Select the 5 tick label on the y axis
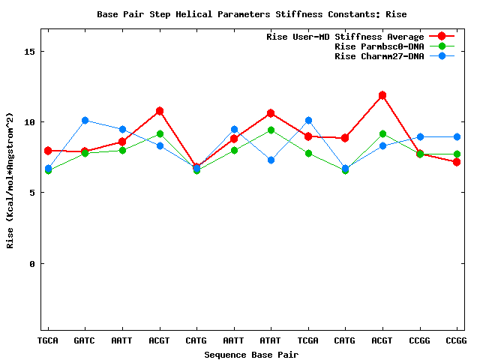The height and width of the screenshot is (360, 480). click(31, 193)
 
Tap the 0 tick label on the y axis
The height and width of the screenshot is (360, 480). click(31, 263)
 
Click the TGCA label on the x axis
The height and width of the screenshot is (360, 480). click(48, 340)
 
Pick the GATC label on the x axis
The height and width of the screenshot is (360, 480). click(85, 340)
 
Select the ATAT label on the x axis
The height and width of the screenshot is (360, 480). click(271, 340)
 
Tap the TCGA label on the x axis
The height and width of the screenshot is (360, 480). click(308, 340)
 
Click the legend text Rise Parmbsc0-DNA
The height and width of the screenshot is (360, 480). click(379, 46)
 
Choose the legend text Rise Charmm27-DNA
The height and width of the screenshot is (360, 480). click(379, 56)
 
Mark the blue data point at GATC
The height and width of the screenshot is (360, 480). click(85, 120)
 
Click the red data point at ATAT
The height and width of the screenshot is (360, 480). click(271, 113)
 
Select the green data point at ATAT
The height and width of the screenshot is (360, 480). click(271, 130)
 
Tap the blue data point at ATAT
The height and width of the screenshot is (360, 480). click(271, 160)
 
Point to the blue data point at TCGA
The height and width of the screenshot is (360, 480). click(308, 120)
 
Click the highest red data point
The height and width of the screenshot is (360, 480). click(382, 95)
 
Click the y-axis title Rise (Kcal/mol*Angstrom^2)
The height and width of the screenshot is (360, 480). click(10, 191)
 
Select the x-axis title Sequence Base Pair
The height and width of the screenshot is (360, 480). click(251, 353)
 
